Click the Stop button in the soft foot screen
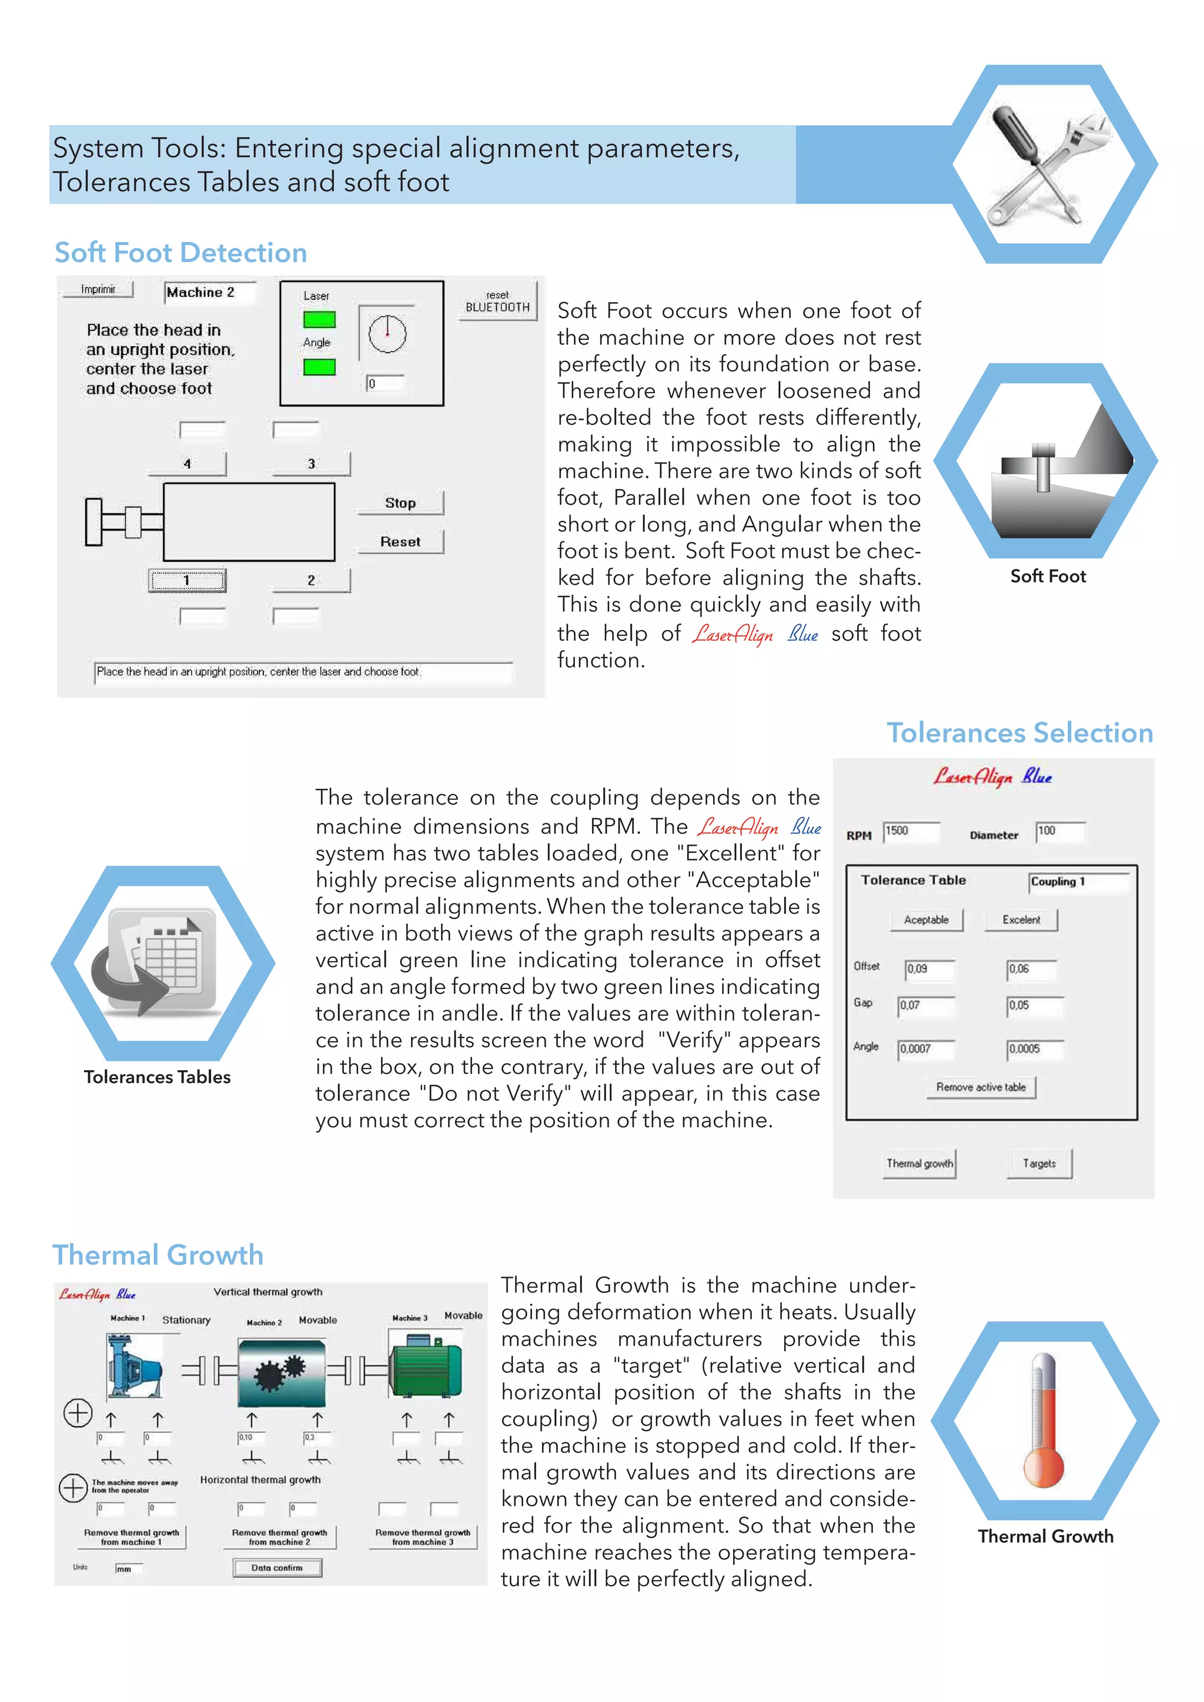pos(400,502)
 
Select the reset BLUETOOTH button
pos(497,301)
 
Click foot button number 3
pos(312,463)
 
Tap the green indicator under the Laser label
pos(320,320)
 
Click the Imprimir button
pos(98,289)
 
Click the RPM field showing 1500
pos(911,831)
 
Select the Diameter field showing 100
pos(1059,831)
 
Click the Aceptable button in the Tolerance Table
pos(926,919)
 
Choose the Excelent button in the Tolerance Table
pos(1021,919)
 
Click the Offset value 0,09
pos(929,969)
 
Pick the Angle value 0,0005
pos(1034,1049)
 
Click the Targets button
pos(1039,1163)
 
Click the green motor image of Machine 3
pos(426,1364)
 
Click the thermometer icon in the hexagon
pos(1044,1419)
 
